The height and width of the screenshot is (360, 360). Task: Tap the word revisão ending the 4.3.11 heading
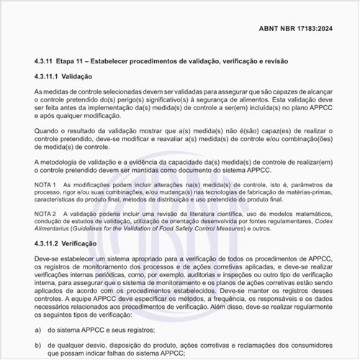[274, 61]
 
